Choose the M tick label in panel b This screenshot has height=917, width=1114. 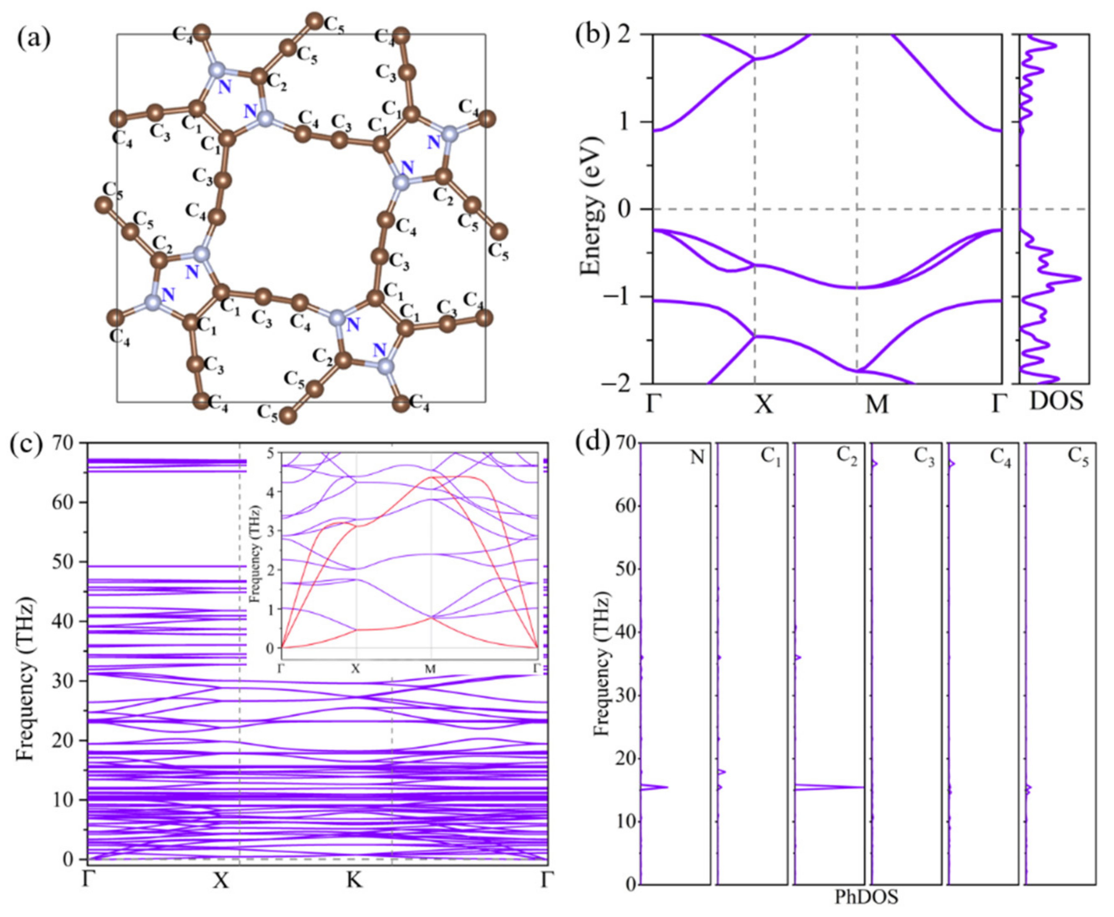click(876, 405)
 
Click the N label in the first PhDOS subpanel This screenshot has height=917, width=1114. click(697, 457)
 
